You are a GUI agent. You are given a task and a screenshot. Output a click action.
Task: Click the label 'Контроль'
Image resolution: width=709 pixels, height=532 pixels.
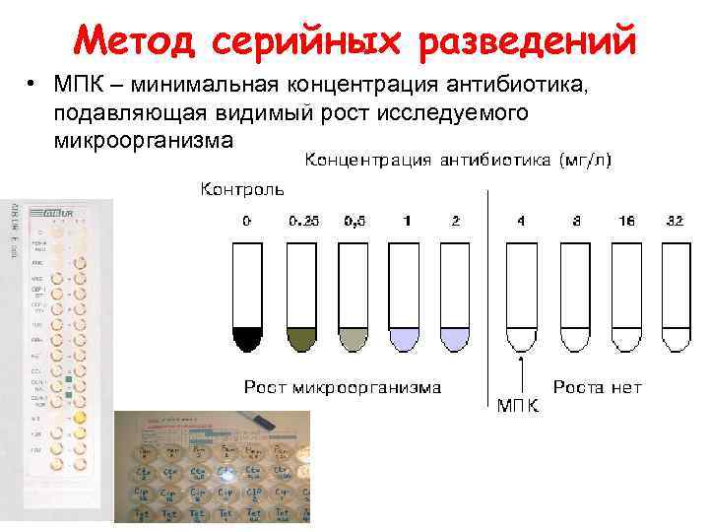(242, 188)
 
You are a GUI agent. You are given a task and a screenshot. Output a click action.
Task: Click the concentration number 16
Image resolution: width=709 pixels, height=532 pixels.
(624, 221)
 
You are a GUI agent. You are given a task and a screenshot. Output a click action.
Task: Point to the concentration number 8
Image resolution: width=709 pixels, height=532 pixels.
(571, 221)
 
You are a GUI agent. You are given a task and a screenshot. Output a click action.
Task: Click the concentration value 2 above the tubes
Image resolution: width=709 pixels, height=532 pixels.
(455, 221)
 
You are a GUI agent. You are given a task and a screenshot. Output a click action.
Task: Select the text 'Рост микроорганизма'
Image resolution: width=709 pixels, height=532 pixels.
(343, 387)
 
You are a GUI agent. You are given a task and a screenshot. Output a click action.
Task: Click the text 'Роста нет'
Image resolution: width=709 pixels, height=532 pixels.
(598, 387)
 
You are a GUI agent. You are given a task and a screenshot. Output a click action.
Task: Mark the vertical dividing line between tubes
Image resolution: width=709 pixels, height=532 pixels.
(488, 296)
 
